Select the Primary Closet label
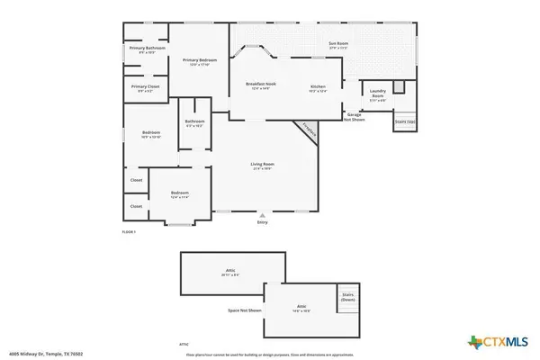pyautogui.click(x=144, y=89)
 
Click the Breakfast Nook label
pyautogui.click(x=260, y=86)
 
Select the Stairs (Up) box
pyautogui.click(x=405, y=121)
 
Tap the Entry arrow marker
pyautogui.click(x=262, y=216)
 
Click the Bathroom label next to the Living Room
pyautogui.click(x=194, y=123)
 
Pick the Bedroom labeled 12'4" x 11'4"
pyautogui.click(x=180, y=194)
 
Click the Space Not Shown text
pyautogui.click(x=245, y=310)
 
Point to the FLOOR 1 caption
pyautogui.click(x=128, y=232)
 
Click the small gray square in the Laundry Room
pyautogui.click(x=400, y=87)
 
